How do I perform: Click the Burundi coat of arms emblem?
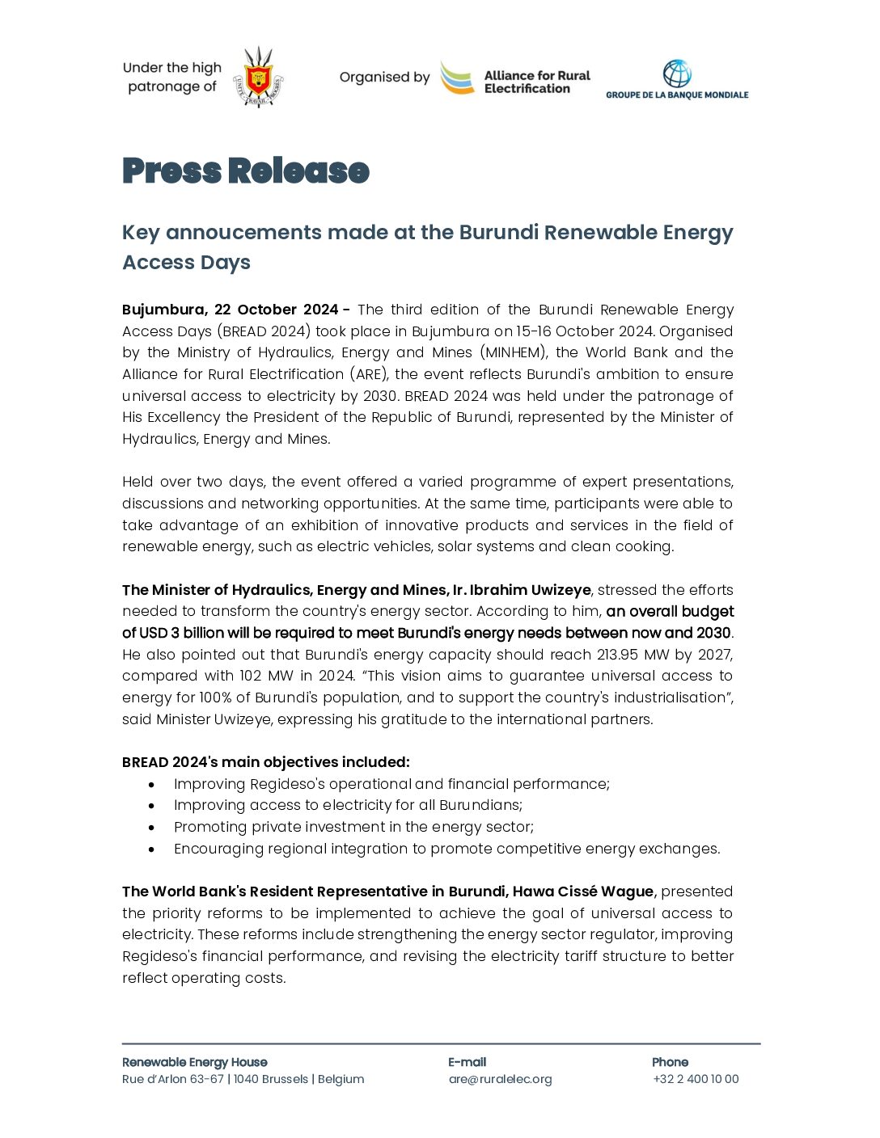[258, 78]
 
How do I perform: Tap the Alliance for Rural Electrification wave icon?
[458, 78]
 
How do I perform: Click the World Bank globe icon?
[677, 74]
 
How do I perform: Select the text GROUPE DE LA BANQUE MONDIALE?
[677, 95]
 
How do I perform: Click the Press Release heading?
[246, 171]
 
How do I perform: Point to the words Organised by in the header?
[384, 78]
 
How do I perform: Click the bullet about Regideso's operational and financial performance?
[391, 784]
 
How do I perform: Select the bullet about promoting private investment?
[353, 827]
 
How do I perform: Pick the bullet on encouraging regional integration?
[446, 849]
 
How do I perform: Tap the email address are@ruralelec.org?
[500, 1079]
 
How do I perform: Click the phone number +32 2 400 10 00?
[696, 1079]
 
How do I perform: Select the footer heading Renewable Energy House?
[194, 1062]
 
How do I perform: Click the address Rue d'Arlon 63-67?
[173, 1079]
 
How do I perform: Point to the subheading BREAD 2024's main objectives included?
[265, 762]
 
